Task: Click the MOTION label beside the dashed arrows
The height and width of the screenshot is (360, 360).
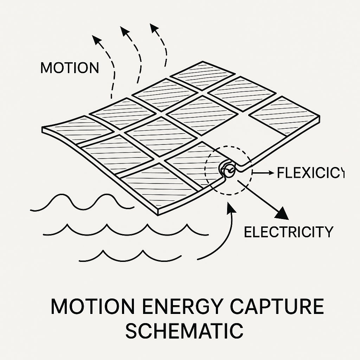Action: click(x=70, y=68)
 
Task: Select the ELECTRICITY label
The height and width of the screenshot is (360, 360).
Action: click(x=288, y=232)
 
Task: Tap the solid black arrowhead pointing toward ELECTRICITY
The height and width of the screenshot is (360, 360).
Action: click(x=282, y=213)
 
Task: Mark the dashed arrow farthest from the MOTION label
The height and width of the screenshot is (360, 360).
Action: click(x=154, y=28)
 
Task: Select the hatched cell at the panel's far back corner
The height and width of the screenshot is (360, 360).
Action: click(x=203, y=75)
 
